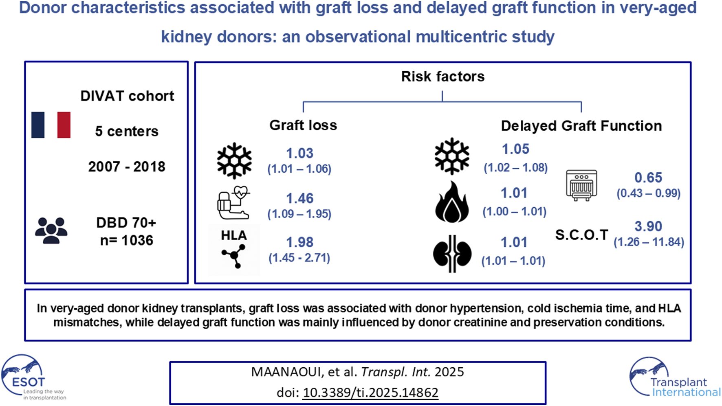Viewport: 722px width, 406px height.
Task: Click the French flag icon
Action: tap(51, 125)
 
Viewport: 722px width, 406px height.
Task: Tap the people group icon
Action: tap(51, 230)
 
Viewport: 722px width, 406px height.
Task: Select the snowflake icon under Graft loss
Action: tap(234, 160)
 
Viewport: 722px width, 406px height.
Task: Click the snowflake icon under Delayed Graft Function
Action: tap(452, 157)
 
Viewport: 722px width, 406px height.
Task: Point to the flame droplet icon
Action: tap(452, 202)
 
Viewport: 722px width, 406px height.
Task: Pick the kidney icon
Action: tap(452, 253)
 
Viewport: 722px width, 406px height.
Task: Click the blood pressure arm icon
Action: tap(233, 203)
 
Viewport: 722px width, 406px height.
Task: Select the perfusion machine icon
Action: tap(581, 185)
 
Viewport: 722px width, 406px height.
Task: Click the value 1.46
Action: tap(300, 198)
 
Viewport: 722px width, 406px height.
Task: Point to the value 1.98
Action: tap(300, 242)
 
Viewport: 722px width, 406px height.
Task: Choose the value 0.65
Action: tap(648, 178)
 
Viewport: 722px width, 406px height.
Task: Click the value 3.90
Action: tap(648, 226)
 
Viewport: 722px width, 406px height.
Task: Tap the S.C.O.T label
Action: tap(581, 235)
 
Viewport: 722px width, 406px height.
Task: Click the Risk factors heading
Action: tap(442, 77)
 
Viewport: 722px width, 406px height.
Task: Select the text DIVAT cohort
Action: tap(127, 96)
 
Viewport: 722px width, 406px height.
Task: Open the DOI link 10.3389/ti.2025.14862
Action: tap(370, 393)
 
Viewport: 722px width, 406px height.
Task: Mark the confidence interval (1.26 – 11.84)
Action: tap(649, 242)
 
